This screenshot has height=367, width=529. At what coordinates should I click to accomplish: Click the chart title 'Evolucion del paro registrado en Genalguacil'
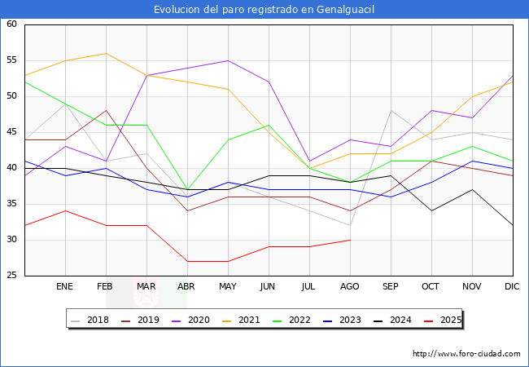click(x=264, y=9)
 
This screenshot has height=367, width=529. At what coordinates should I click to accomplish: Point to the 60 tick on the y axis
click(x=12, y=24)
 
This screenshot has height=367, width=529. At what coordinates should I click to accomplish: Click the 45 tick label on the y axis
click(x=12, y=132)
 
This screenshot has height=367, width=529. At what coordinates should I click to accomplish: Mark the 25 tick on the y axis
click(x=12, y=276)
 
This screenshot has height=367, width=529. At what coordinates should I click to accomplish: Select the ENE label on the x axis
click(x=65, y=287)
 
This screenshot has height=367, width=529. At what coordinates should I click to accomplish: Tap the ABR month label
click(x=187, y=287)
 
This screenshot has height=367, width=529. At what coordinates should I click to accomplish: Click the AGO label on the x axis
click(x=350, y=287)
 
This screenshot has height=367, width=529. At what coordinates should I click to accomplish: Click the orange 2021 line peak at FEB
click(x=106, y=53)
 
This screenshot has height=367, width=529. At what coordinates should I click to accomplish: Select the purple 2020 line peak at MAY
click(x=228, y=60)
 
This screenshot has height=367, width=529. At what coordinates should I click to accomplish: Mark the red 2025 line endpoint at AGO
click(x=350, y=240)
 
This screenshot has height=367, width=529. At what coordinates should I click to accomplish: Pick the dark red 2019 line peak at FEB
click(x=106, y=111)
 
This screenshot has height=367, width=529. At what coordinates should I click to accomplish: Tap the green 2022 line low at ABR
click(x=187, y=189)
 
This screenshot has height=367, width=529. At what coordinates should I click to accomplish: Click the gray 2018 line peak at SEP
click(x=391, y=111)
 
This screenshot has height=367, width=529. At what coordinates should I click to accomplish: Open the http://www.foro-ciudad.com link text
click(x=466, y=354)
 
